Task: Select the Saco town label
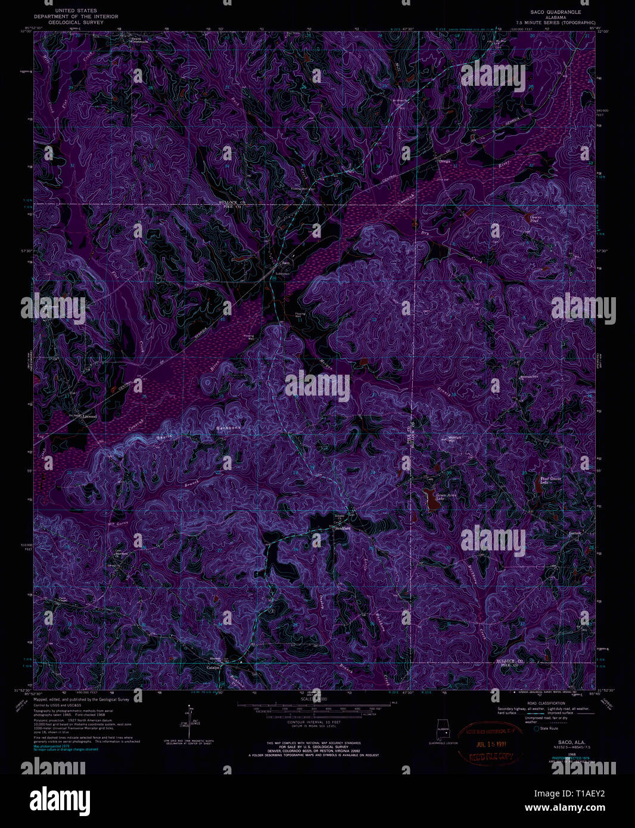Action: pyautogui.click(x=285, y=263)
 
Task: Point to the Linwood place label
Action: pyautogui.click(x=89, y=416)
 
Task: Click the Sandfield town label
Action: pyautogui.click(x=343, y=528)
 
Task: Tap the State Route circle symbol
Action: pyautogui.click(x=536, y=728)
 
